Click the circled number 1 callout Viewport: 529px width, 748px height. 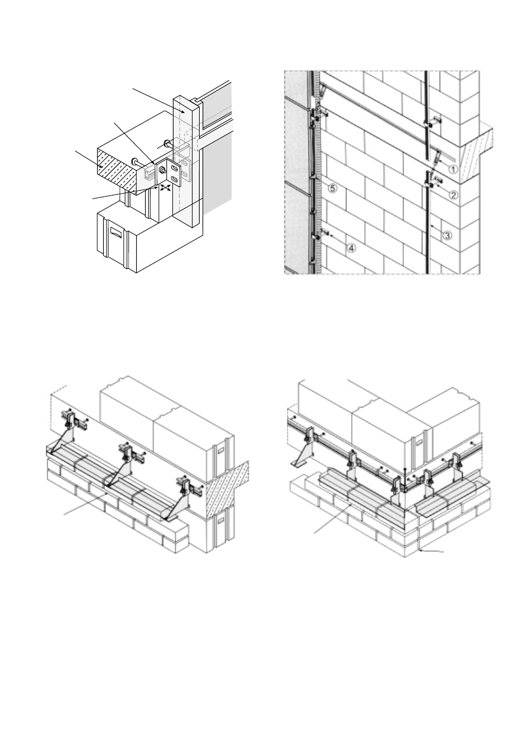(453, 169)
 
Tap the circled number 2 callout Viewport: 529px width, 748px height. (453, 194)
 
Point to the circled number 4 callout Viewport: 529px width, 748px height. (351, 248)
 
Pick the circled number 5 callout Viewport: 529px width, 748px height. (333, 188)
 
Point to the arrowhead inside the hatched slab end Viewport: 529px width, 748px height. (101, 166)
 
